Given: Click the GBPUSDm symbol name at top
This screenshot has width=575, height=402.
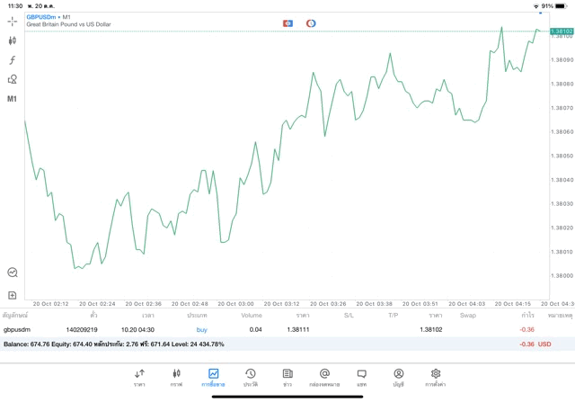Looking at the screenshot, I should click(x=42, y=16).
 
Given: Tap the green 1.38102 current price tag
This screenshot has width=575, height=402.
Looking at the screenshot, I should click(x=562, y=31).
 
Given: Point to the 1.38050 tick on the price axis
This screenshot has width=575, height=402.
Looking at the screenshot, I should click(x=562, y=156).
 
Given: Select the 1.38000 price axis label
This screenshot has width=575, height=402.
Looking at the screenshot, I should click(x=562, y=276).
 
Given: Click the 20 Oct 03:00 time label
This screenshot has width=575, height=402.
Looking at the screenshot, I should click(x=232, y=304).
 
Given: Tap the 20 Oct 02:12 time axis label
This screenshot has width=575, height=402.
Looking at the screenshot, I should click(x=49, y=304).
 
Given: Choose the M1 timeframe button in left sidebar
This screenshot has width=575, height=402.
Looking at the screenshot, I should click(x=13, y=99).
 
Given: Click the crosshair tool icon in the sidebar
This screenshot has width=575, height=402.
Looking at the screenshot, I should click(x=13, y=21).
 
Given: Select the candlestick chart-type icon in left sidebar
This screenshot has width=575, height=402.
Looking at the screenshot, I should click(x=13, y=40).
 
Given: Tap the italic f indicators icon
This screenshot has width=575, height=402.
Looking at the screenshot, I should click(x=13, y=60).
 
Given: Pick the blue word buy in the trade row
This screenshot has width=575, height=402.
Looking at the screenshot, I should click(x=201, y=330).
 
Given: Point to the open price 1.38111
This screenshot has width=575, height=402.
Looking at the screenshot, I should click(x=297, y=330).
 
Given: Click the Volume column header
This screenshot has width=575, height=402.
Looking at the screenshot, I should click(x=252, y=316).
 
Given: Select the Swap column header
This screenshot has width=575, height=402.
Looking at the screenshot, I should click(x=468, y=316).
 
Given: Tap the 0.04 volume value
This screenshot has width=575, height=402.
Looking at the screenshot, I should click(x=256, y=330).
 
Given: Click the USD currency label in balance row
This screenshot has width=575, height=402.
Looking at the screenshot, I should click(x=544, y=344).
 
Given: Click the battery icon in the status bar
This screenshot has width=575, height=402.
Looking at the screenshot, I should click(x=562, y=5).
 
